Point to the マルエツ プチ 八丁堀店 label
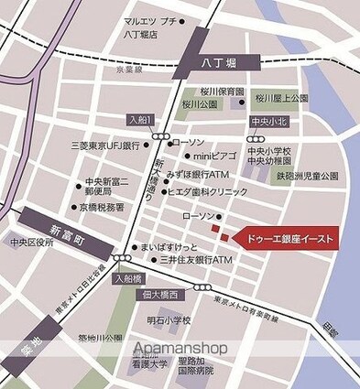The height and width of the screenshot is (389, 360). pyautogui.click(x=151, y=27)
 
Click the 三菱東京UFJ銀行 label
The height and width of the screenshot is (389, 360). pyautogui.click(x=104, y=146)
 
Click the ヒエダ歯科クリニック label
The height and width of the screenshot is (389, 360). pyautogui.click(x=208, y=192)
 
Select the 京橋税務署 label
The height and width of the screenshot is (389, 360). pyautogui.click(x=104, y=208)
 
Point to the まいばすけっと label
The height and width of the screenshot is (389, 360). pyautogui.click(x=166, y=248)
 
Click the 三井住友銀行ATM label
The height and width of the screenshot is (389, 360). pyautogui.click(x=197, y=261)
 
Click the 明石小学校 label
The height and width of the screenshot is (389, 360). pyautogui.click(x=169, y=321)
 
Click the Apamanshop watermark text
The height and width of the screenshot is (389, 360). pyautogui.click(x=180, y=348)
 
